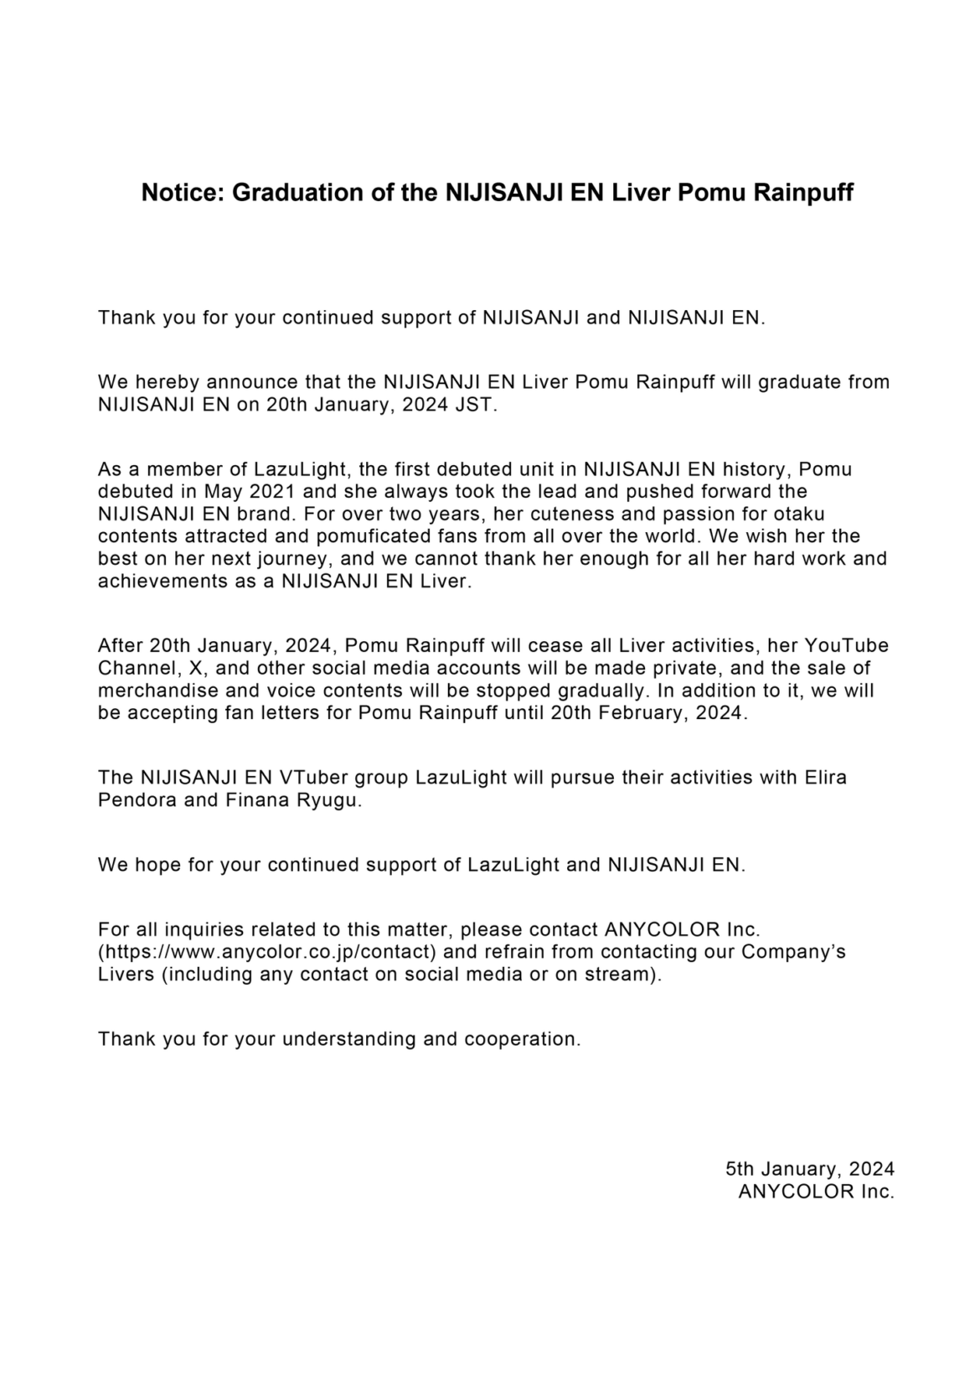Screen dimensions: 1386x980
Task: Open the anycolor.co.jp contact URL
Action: tap(267, 952)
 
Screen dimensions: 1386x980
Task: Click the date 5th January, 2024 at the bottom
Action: tap(809, 1169)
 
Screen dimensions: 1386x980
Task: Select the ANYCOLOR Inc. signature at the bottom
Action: tap(816, 1192)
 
